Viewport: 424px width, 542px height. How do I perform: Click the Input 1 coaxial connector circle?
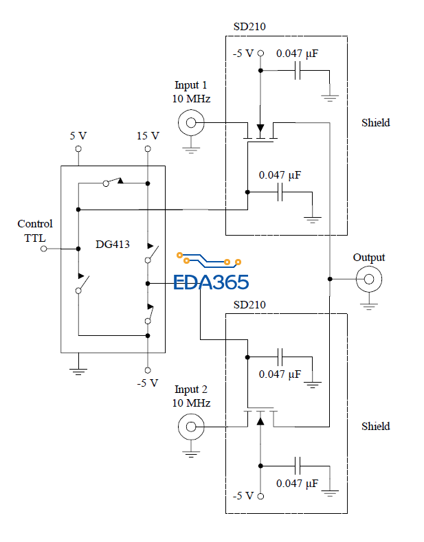(191, 124)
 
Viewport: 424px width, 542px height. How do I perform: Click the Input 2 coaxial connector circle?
(191, 427)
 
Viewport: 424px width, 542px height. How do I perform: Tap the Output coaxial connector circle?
(369, 278)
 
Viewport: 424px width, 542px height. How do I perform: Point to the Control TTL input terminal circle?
(44, 248)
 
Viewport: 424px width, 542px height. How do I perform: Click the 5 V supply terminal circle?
(78, 148)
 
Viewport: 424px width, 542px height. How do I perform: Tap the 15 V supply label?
(148, 135)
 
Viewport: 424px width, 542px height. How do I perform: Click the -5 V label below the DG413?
(148, 383)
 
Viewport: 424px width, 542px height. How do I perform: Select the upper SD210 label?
(249, 27)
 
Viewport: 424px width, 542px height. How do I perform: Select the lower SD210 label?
(249, 304)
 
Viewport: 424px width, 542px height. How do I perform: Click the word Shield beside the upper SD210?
(375, 123)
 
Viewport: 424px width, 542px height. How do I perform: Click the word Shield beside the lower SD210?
(375, 427)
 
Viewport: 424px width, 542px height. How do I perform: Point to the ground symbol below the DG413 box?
(78, 371)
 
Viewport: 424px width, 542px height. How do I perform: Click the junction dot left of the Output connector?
(330, 278)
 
